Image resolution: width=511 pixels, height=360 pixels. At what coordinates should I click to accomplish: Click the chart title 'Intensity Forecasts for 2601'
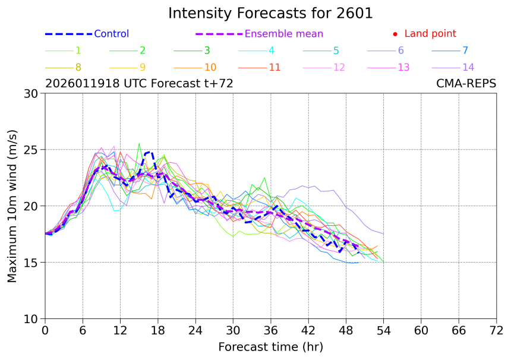[270, 13]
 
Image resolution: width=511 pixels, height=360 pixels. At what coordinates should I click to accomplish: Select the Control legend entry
[111, 34]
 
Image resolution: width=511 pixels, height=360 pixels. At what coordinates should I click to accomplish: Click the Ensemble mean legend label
[284, 34]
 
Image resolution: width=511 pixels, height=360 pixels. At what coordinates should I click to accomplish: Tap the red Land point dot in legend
[395, 34]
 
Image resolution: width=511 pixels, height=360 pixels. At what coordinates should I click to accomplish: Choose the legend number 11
[274, 67]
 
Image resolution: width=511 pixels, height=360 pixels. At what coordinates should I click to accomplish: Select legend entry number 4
[271, 50]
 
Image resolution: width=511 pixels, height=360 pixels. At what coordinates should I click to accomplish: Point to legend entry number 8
[78, 67]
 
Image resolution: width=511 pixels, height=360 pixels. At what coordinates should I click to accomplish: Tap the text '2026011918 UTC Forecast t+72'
[139, 84]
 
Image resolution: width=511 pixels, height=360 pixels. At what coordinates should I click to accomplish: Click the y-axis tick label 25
[30, 150]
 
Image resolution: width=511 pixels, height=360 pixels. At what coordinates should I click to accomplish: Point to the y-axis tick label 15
[30, 263]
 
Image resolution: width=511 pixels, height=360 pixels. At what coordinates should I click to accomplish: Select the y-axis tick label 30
[30, 93]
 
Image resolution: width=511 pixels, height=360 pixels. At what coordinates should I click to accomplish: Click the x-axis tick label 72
[497, 330]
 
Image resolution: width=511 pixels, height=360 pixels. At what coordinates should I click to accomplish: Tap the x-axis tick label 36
[271, 330]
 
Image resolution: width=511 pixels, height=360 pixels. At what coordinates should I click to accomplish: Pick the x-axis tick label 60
[421, 330]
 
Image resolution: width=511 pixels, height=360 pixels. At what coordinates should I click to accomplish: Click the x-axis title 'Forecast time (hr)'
[270, 346]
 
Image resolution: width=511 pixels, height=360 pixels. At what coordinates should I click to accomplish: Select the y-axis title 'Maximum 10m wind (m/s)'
[12, 206]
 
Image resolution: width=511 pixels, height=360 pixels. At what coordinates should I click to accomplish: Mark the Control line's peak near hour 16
[147, 153]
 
